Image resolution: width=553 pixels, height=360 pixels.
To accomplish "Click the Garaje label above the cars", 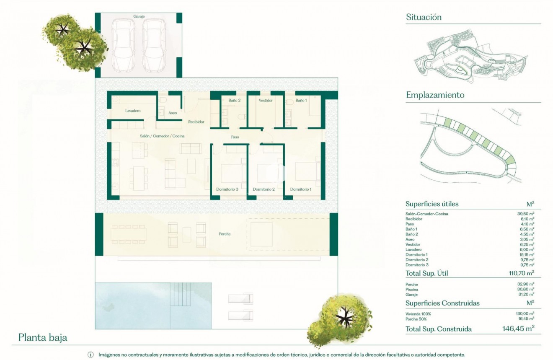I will click(139, 16).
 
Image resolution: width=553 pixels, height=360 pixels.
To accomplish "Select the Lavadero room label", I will click(133, 111).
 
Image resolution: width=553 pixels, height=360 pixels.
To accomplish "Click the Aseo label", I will click(172, 113).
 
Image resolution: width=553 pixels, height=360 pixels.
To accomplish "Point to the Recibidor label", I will click(196, 122).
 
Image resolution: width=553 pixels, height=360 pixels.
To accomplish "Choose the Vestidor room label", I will click(266, 101).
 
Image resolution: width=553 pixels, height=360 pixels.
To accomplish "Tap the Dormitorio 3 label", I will click(227, 189).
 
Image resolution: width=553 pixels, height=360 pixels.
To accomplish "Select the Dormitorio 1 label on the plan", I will click(301, 189).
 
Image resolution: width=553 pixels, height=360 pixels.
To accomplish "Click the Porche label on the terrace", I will click(225, 234).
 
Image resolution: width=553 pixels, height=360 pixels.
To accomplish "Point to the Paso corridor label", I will click(235, 137).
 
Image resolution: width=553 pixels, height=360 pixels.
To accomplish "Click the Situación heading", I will click(424, 17).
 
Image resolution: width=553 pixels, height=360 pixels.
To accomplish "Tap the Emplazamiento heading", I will click(435, 95).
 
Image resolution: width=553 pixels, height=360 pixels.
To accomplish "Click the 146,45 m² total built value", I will click(517, 329).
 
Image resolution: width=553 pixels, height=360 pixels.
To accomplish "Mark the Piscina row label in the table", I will click(412, 290).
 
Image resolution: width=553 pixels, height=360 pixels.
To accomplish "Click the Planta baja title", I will click(43, 338).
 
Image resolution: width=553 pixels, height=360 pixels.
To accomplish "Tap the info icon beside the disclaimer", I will click(90, 355).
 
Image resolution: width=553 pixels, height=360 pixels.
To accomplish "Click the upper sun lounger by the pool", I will click(240, 299).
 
